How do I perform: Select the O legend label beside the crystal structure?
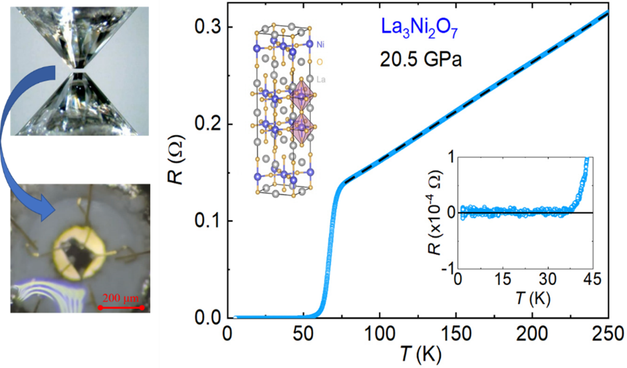click(319, 62)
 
